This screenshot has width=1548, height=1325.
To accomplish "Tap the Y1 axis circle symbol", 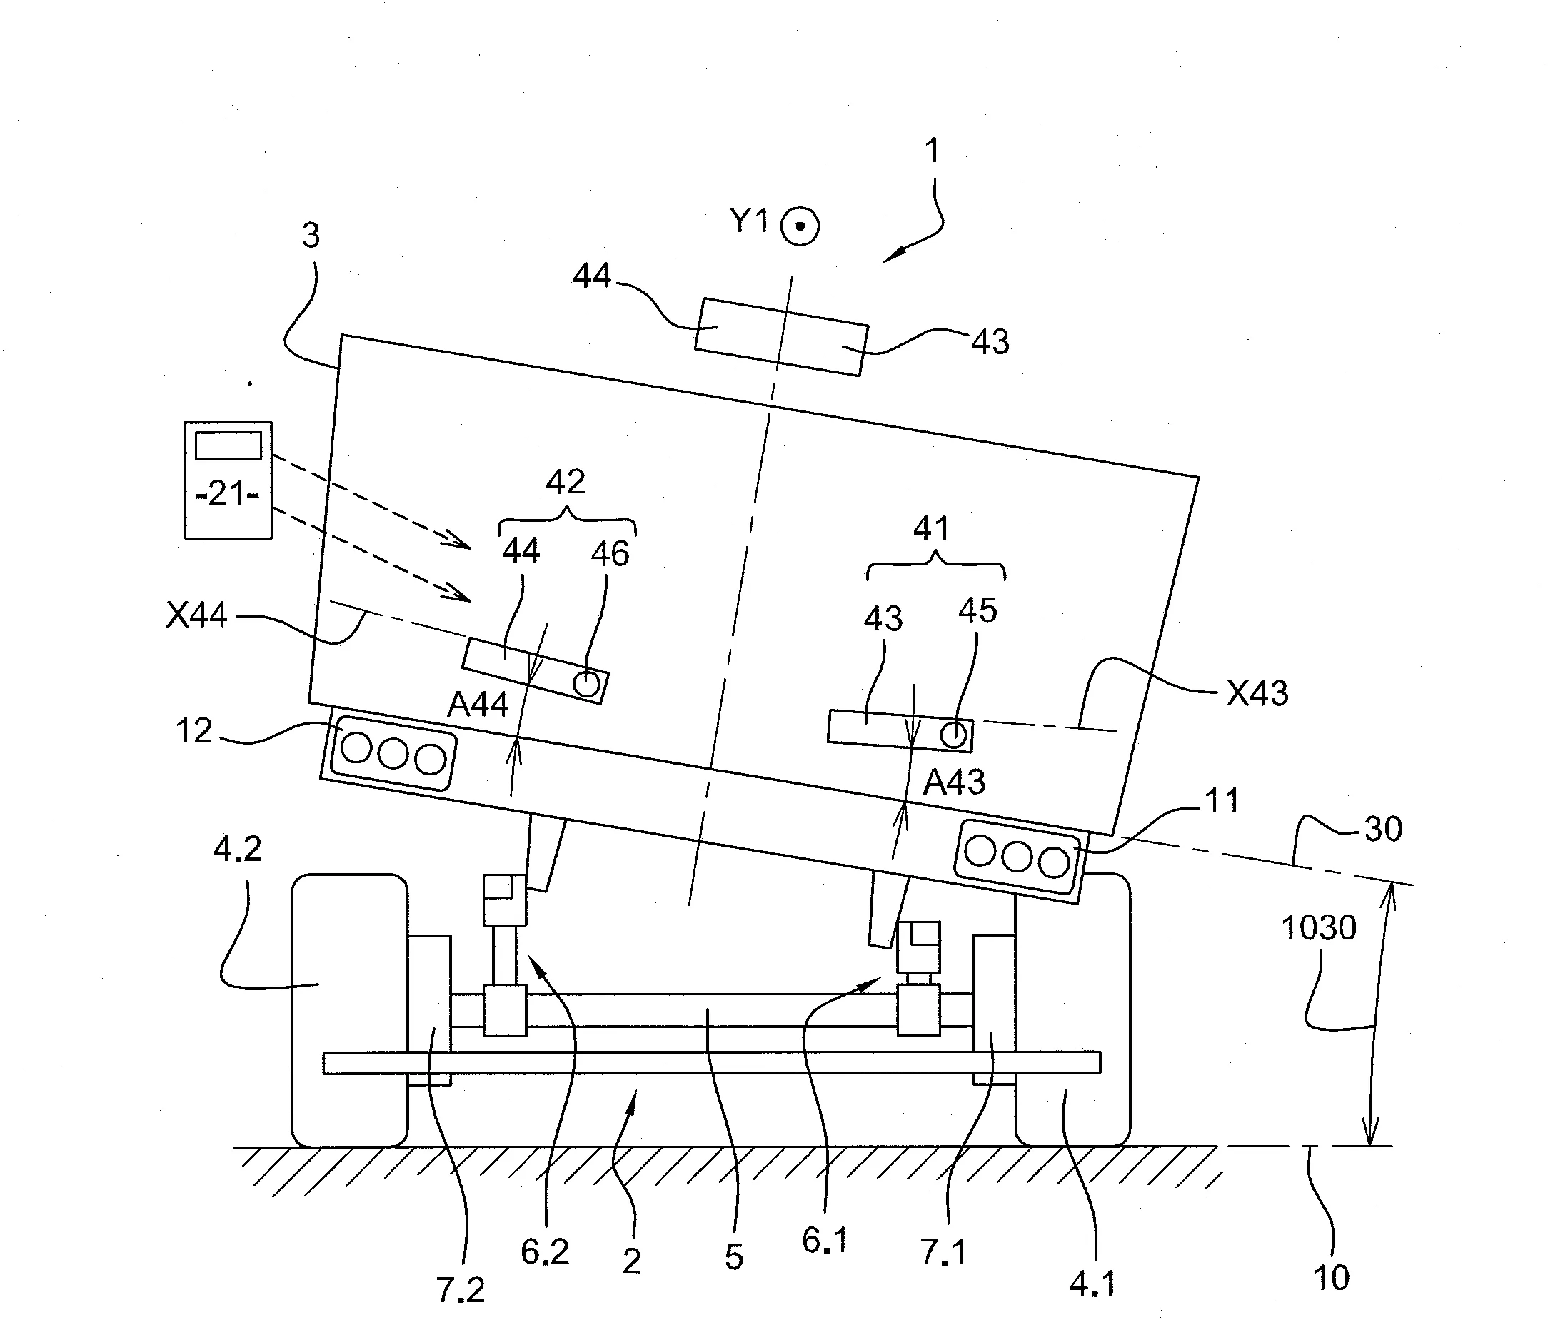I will tap(800, 226).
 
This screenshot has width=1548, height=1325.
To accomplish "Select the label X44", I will tap(196, 615).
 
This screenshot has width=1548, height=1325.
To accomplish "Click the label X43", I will tap(1257, 694).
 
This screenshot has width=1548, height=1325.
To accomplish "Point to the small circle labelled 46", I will tap(586, 682).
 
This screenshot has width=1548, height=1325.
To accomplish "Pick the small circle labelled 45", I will tap(953, 735).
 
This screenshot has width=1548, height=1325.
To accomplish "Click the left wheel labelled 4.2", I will tap(350, 1011).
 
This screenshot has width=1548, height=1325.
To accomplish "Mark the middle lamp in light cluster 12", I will tap(393, 755).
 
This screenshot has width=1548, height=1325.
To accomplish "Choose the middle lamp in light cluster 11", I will tap(1017, 857).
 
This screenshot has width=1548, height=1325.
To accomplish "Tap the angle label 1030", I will tap(1319, 928).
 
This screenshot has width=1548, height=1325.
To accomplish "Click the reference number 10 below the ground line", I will tap(1331, 1277).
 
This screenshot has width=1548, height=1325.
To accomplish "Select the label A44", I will tap(478, 705).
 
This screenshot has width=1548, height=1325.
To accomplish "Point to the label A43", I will tap(954, 782).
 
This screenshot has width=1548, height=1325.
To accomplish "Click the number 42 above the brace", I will tap(565, 483).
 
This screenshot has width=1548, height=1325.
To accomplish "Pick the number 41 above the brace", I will tap(931, 529).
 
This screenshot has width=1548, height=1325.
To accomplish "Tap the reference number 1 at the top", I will tap(932, 151).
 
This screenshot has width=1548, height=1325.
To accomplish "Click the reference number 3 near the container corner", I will tap(310, 236).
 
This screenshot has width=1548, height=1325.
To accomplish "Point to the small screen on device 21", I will tap(228, 446).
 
